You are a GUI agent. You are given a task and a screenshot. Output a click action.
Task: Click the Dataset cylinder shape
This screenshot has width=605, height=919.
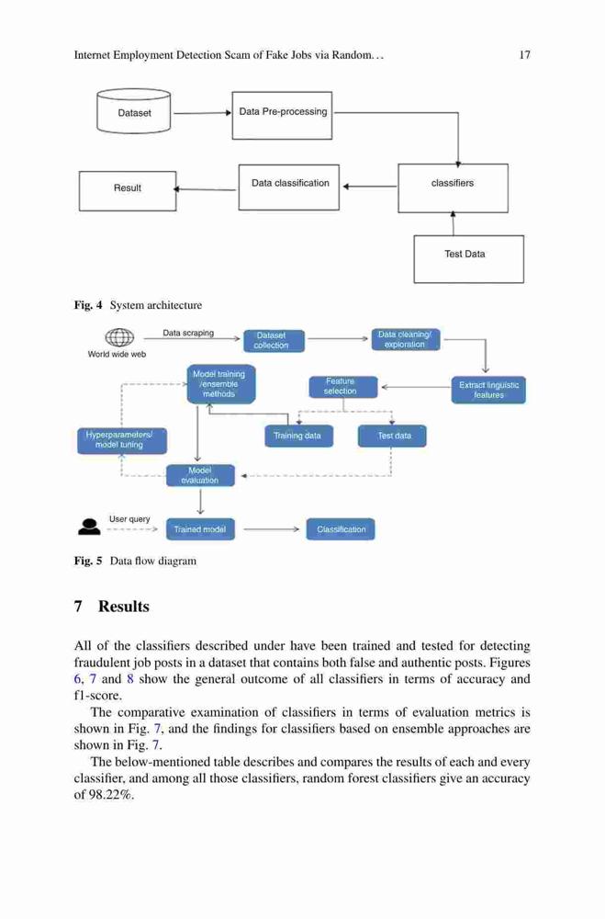pos(133,111)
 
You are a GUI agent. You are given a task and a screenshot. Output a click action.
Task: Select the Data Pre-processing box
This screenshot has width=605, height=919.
pos(282,116)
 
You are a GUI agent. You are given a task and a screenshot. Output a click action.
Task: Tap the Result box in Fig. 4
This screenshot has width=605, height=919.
pos(128,191)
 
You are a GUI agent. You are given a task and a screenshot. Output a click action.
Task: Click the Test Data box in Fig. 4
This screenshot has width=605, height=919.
pos(468,259)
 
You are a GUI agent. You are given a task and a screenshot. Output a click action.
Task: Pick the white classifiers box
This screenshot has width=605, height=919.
pos(453,188)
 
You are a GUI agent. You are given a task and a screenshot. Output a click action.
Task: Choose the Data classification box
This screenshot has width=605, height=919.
pos(289,187)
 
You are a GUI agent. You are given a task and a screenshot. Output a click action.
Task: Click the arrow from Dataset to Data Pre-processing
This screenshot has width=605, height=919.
pos(202,113)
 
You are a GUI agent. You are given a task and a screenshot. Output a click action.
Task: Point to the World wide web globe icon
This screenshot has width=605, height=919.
pos(119,337)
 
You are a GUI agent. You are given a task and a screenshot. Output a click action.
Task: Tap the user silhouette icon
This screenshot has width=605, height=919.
pos(89,527)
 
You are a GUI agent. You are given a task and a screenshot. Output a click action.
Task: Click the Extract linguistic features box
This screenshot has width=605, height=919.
pos(488,391)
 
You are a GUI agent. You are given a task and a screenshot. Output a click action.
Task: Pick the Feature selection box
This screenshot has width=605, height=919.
pos(343,386)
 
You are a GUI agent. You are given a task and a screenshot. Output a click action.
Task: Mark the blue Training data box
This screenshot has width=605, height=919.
pos(298,436)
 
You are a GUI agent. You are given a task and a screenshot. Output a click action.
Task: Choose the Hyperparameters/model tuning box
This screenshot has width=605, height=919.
pos(122,441)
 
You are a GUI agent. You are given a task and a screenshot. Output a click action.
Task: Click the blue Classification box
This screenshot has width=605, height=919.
pos(341,529)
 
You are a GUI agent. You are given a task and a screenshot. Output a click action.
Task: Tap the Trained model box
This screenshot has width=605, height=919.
pos(200,529)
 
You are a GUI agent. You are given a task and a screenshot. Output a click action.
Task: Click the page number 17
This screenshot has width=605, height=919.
pos(525,55)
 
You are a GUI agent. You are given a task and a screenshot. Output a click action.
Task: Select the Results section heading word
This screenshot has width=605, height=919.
pos(124,606)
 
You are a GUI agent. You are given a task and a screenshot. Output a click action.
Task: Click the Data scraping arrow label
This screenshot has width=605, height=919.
pos(188,333)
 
